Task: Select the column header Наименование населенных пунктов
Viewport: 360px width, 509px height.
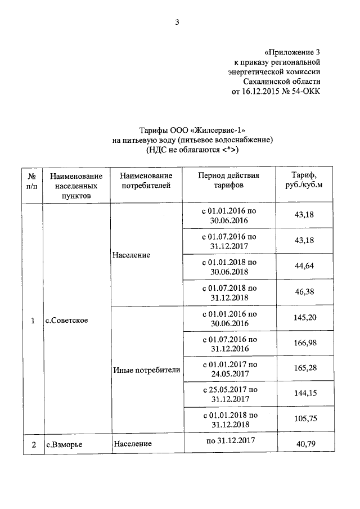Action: pyautogui.click(x=76, y=185)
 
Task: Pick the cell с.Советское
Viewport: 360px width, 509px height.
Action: pyautogui.click(x=67, y=321)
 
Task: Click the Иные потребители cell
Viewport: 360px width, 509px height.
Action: pyautogui.click(x=146, y=370)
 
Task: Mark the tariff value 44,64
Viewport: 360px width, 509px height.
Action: pyautogui.click(x=304, y=266)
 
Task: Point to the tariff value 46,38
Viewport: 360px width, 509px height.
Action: pyautogui.click(x=304, y=292)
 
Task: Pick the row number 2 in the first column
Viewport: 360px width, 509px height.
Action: pyautogui.click(x=33, y=444)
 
